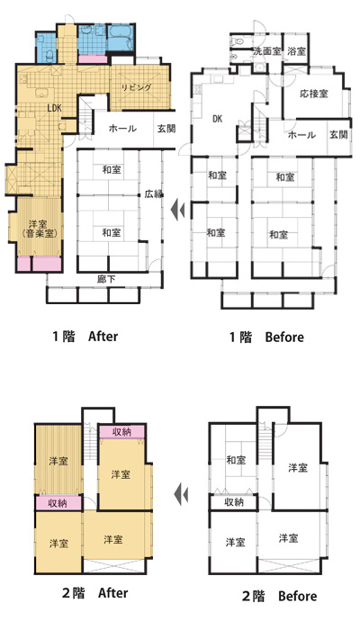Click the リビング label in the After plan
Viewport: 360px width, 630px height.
pyautogui.click(x=137, y=87)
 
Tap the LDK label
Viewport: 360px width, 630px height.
pyautogui.click(x=54, y=108)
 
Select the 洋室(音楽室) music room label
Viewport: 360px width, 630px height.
pyautogui.click(x=39, y=229)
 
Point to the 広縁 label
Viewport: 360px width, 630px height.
pyautogui.click(x=154, y=194)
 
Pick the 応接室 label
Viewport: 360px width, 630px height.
pyautogui.click(x=314, y=94)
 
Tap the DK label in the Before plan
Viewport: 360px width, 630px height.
pyautogui.click(x=218, y=119)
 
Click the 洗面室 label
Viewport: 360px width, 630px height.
pyautogui.click(x=266, y=51)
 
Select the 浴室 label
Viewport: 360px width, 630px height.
pyautogui.click(x=296, y=51)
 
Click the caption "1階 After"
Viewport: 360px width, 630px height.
pyautogui.click(x=85, y=336)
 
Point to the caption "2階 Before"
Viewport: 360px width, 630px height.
pyautogui.click(x=279, y=596)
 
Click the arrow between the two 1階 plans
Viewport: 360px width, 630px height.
pyautogui.click(x=177, y=209)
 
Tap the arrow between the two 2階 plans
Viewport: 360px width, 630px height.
pyautogui.click(x=181, y=494)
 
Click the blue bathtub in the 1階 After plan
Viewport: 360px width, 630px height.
pyautogui.click(x=120, y=38)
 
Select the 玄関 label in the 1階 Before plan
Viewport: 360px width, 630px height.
pyautogui.click(x=338, y=135)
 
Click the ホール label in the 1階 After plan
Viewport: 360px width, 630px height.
pyautogui.click(x=122, y=129)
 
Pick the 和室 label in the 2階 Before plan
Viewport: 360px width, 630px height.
pyautogui.click(x=236, y=460)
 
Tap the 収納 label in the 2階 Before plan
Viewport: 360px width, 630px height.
pyautogui.click(x=234, y=502)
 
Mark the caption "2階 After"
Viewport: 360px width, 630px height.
pyautogui.click(x=95, y=593)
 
